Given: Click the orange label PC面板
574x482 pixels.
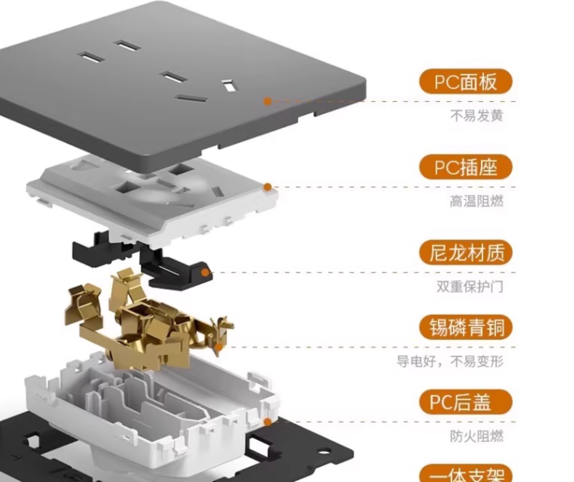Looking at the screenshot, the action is pyautogui.click(x=465, y=82).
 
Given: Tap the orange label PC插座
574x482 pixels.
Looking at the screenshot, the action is pyautogui.click(x=465, y=167).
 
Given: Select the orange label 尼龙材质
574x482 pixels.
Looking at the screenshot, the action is pyautogui.click(x=465, y=253).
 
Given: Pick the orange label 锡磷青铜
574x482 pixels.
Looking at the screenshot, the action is pyautogui.click(x=465, y=327).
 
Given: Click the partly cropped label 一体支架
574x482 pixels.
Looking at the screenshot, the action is pyautogui.click(x=465, y=474).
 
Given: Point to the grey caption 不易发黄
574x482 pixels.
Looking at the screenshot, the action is pyautogui.click(x=477, y=115).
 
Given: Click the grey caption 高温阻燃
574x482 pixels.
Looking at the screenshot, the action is pyautogui.click(x=477, y=201).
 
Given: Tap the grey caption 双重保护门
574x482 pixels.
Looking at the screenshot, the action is pyautogui.click(x=470, y=287).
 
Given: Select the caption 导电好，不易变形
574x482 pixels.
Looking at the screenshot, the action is pyautogui.click(x=450, y=361).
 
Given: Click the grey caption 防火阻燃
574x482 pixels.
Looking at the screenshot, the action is pyautogui.click(x=477, y=436).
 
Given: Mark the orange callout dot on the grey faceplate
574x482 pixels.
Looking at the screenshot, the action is pyautogui.click(x=268, y=101).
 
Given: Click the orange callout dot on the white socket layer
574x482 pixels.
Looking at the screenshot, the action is pyautogui.click(x=268, y=187).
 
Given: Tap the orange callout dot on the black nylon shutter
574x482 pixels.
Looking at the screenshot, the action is pyautogui.click(x=205, y=273).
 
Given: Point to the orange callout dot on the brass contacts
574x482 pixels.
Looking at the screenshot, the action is pyautogui.click(x=219, y=347).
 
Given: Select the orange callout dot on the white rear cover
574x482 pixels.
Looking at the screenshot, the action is pyautogui.click(x=268, y=422).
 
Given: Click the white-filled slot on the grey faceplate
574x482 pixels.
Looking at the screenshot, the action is pyautogui.click(x=228, y=86).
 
